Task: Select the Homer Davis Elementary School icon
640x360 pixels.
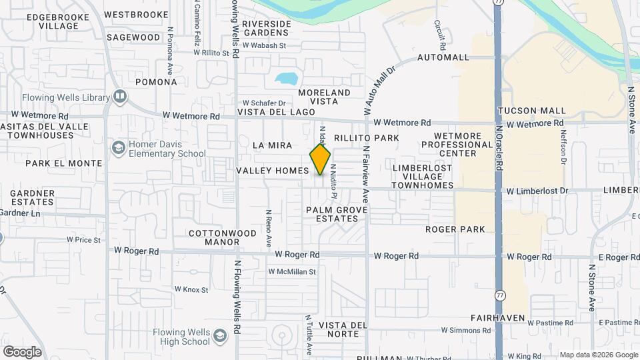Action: click(119, 147)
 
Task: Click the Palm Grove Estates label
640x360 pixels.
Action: click(337, 214)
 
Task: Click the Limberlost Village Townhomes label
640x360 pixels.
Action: click(423, 176)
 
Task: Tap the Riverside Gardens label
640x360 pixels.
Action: click(267, 28)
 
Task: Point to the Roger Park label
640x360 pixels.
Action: click(455, 229)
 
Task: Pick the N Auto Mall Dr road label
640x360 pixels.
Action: click(379, 87)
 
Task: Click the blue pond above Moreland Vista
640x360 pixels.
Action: click(287, 78)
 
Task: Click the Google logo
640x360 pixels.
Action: click(22, 351)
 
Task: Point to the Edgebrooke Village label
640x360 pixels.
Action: click(59, 20)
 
